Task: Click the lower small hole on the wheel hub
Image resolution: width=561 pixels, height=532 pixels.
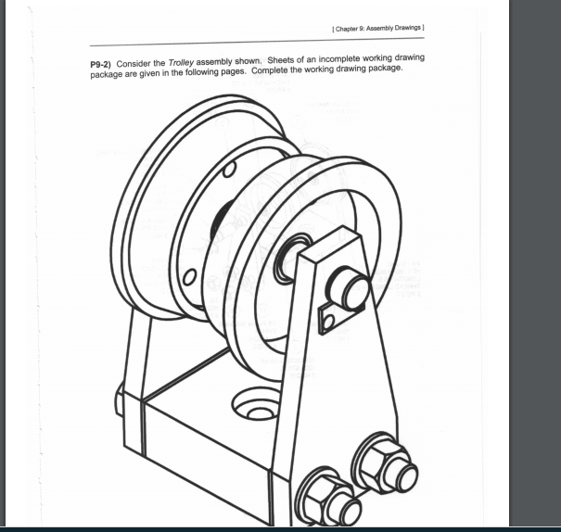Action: coord(190,277)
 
